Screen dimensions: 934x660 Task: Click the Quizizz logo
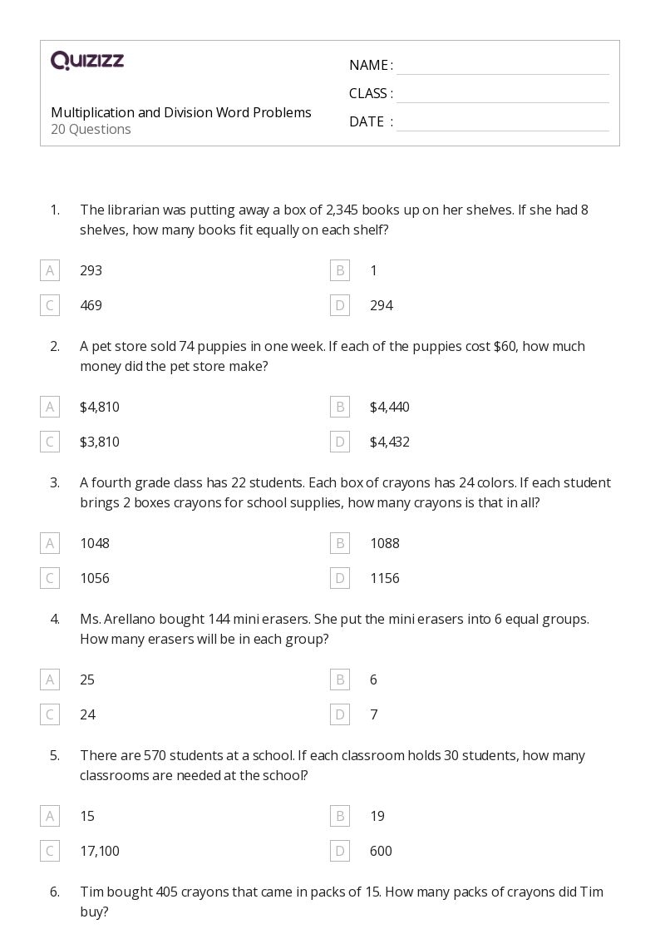click(x=87, y=61)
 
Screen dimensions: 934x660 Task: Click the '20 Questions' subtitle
click(x=91, y=130)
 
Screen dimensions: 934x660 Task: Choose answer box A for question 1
click(x=50, y=270)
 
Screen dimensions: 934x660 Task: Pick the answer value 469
click(x=91, y=305)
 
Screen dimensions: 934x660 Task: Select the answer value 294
click(x=381, y=305)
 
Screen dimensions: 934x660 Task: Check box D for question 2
click(x=339, y=442)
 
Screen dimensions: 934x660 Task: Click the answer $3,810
click(x=100, y=442)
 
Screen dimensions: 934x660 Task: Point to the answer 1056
click(x=95, y=578)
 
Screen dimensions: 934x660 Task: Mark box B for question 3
click(x=339, y=543)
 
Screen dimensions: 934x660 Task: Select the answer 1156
click(x=385, y=578)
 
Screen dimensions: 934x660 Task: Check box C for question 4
click(x=50, y=714)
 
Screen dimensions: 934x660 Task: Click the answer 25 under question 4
click(x=87, y=679)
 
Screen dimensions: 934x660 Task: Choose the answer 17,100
click(x=100, y=851)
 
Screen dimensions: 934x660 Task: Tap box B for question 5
click(x=339, y=816)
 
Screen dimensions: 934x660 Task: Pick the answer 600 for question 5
click(x=381, y=851)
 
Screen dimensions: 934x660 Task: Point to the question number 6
click(x=55, y=892)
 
